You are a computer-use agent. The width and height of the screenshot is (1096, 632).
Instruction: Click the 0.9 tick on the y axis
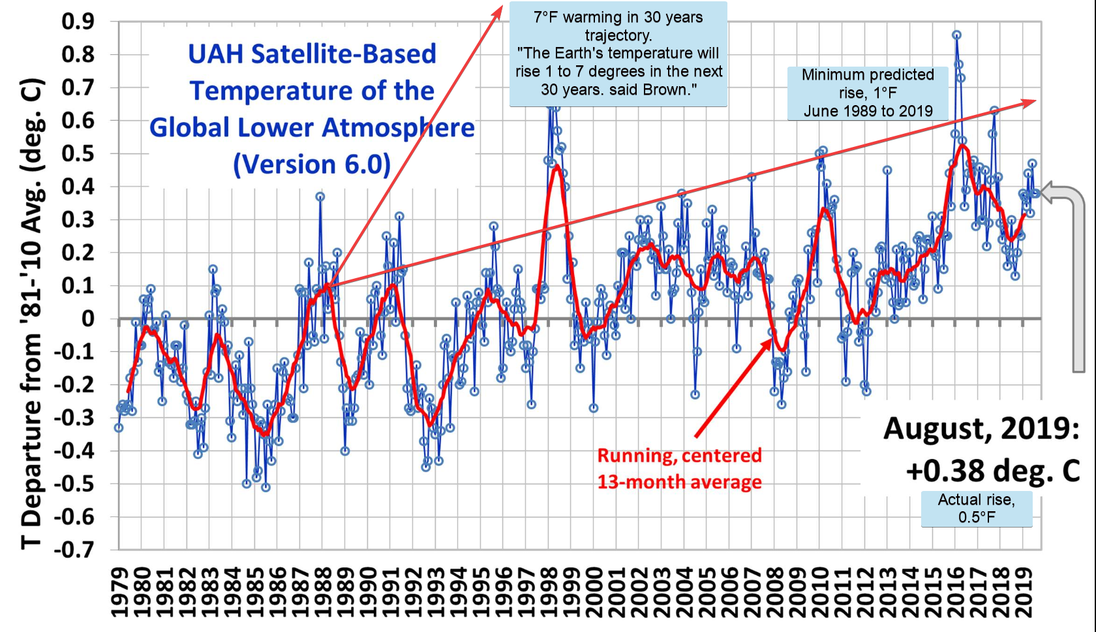click(x=78, y=22)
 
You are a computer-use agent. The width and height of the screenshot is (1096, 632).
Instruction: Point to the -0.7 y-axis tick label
click(x=73, y=550)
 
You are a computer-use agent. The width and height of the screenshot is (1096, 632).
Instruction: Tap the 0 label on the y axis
click(x=87, y=319)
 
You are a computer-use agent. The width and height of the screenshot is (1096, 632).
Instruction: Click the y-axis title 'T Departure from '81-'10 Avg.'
click(x=31, y=313)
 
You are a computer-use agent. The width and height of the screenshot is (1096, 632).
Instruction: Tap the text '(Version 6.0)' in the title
click(x=312, y=164)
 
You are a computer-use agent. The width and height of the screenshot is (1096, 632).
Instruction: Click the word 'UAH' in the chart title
click(x=215, y=54)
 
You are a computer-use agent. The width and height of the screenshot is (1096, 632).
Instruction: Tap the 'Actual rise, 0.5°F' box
click(x=976, y=508)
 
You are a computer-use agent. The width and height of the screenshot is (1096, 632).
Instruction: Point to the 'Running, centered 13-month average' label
click(x=679, y=469)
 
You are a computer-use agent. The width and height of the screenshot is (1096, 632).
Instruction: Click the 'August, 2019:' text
click(x=981, y=429)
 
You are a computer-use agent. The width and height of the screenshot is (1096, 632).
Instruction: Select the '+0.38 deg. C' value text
click(x=992, y=471)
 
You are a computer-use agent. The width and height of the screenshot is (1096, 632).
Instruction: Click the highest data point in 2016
click(x=956, y=35)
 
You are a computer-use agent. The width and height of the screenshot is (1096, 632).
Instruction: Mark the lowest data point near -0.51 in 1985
click(x=266, y=487)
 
